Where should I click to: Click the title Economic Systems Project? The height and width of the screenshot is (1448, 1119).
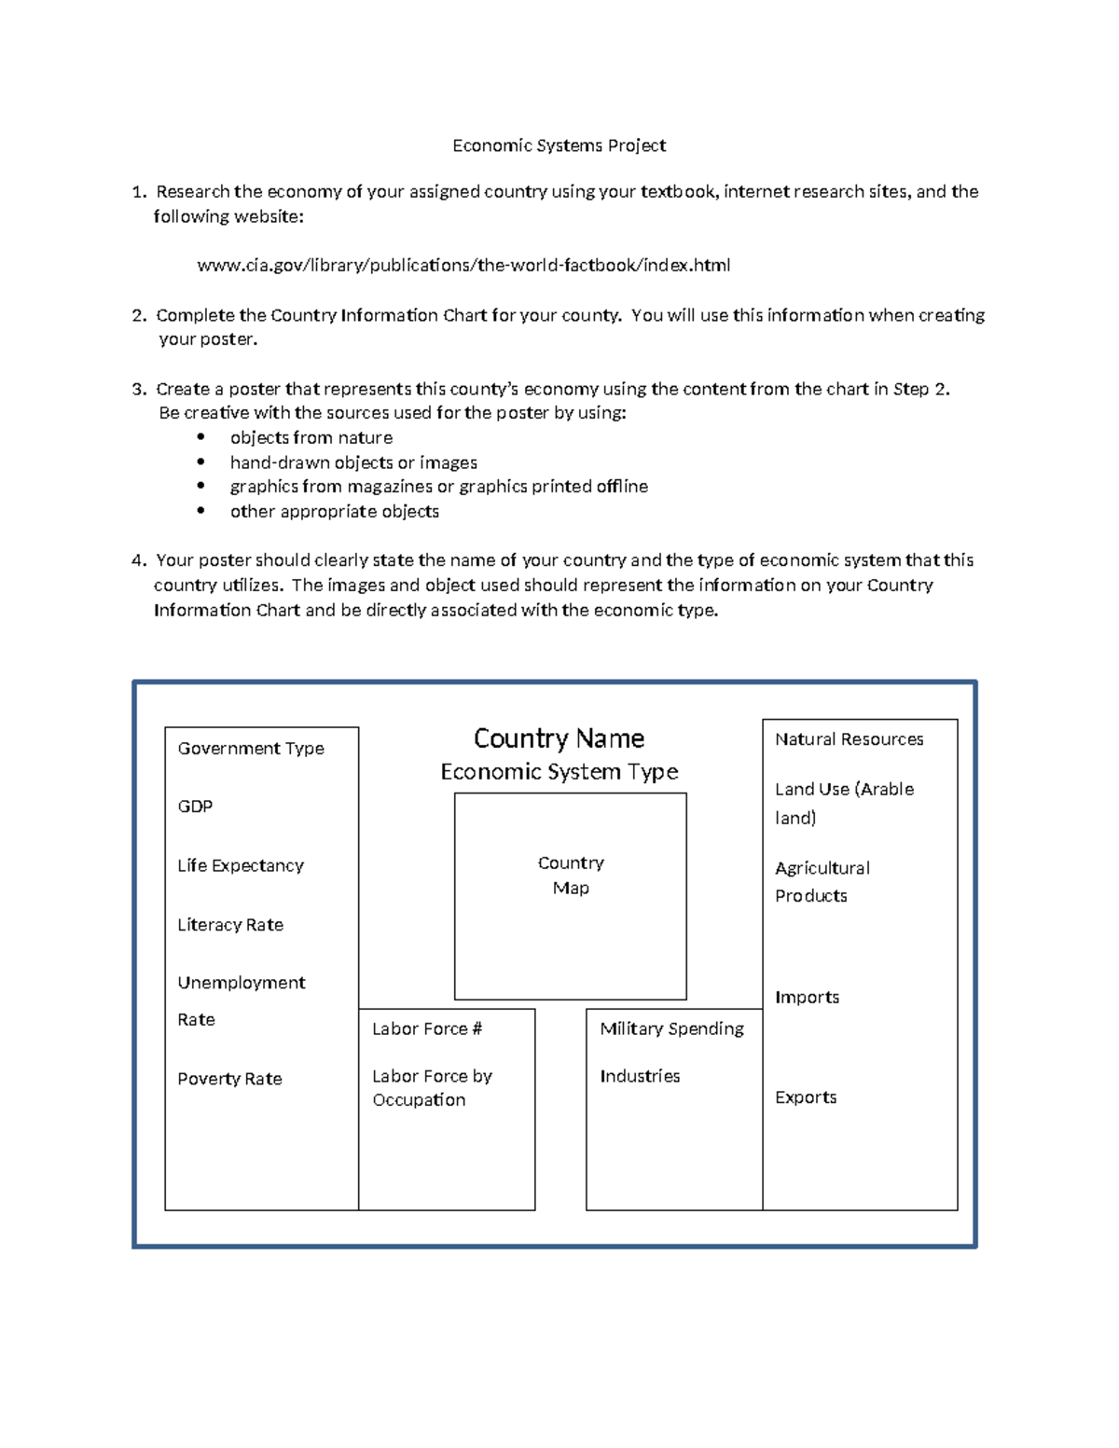coord(559,145)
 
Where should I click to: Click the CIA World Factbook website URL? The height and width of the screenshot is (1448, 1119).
coord(463,266)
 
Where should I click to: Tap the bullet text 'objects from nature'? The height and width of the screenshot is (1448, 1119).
coord(311,438)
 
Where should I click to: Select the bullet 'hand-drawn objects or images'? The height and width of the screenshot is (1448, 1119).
coord(353,462)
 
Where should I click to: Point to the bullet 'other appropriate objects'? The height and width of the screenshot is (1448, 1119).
coord(335,512)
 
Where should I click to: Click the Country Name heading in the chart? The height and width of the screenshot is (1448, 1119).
coord(559,738)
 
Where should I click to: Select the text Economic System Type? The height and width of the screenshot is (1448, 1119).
coord(559,772)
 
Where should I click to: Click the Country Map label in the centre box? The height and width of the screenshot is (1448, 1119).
coord(571,876)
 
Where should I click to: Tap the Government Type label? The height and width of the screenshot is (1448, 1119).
coord(251,749)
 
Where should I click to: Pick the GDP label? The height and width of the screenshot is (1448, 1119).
coord(195,807)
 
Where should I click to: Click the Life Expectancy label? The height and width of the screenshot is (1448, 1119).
coord(241,866)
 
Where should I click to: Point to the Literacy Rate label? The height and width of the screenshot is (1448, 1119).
coord(230,925)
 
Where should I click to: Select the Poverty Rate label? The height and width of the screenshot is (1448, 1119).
coord(229,1079)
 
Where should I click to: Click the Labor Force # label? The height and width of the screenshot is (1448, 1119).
coord(427,1029)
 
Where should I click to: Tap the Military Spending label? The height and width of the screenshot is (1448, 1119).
coord(671,1028)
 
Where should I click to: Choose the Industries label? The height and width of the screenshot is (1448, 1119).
coord(640,1076)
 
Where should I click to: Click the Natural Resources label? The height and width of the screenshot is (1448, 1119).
coord(849,739)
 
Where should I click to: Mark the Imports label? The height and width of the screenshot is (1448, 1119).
coord(807,998)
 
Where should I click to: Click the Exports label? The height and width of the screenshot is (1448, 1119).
coord(806,1097)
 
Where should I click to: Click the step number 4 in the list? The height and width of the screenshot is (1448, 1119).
coord(138,560)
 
